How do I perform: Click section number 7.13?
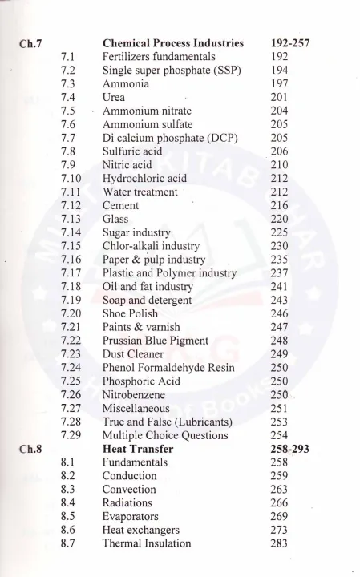point(71,219)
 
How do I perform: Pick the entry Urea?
point(114,97)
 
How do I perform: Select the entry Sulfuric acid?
point(132,151)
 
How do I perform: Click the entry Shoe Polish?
point(130,313)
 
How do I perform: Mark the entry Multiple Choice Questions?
point(165,435)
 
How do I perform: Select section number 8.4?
point(67,502)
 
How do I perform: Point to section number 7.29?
point(71,435)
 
